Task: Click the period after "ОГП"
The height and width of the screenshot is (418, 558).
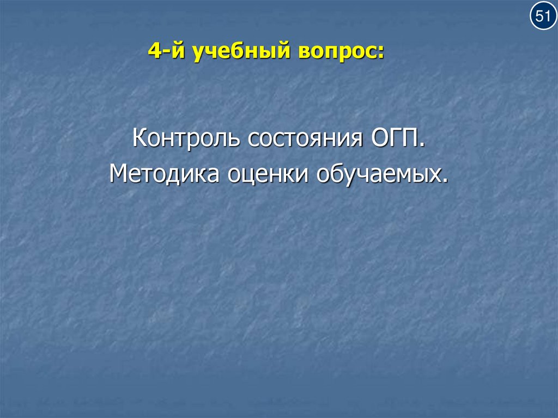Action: pyautogui.click(x=422, y=146)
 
